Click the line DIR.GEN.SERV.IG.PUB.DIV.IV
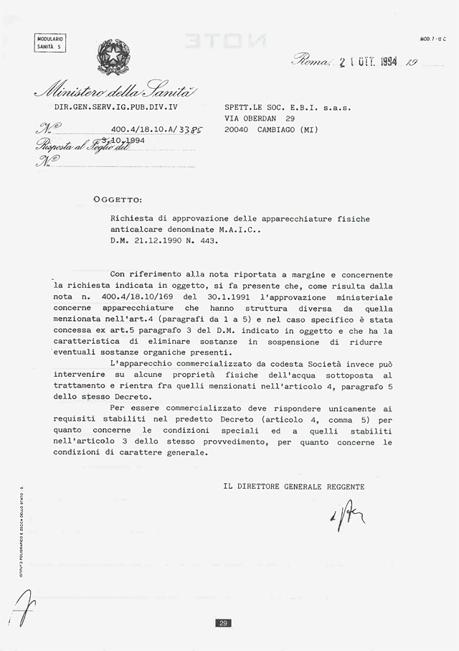coord(115,108)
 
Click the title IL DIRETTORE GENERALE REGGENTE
coord(294,487)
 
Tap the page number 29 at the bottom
coord(223,623)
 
